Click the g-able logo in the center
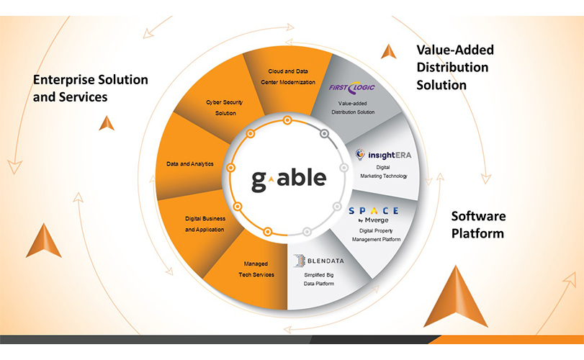point(289,180)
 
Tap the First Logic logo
point(351,88)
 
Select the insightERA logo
point(383,155)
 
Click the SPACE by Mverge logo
point(374,215)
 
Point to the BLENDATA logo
point(318,261)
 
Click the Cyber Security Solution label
point(225,107)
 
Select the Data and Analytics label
point(190,164)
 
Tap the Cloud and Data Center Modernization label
point(288,77)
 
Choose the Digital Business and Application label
point(205,224)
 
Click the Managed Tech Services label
point(256,269)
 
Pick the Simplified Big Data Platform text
point(319,279)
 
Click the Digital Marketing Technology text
point(384,171)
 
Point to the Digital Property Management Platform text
point(376,235)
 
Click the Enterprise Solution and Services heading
point(91,89)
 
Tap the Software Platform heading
point(479,225)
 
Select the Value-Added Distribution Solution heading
point(455,68)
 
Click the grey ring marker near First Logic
point(324,134)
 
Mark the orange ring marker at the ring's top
point(287,120)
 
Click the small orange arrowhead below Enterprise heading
point(107,123)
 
